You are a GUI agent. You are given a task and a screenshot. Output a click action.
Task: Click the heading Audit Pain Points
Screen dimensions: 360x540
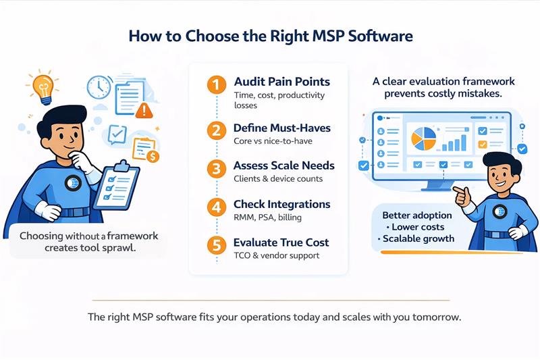pyautogui.click(x=281, y=82)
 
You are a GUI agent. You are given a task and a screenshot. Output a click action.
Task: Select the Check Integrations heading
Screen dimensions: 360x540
pyautogui.click(x=281, y=204)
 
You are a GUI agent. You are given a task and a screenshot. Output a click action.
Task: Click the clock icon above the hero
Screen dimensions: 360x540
pyautogui.click(x=99, y=86)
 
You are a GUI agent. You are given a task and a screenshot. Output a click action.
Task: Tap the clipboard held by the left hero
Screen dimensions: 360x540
pyautogui.click(x=117, y=184)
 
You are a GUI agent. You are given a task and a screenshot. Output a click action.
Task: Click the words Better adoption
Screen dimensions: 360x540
pyautogui.click(x=414, y=215)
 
